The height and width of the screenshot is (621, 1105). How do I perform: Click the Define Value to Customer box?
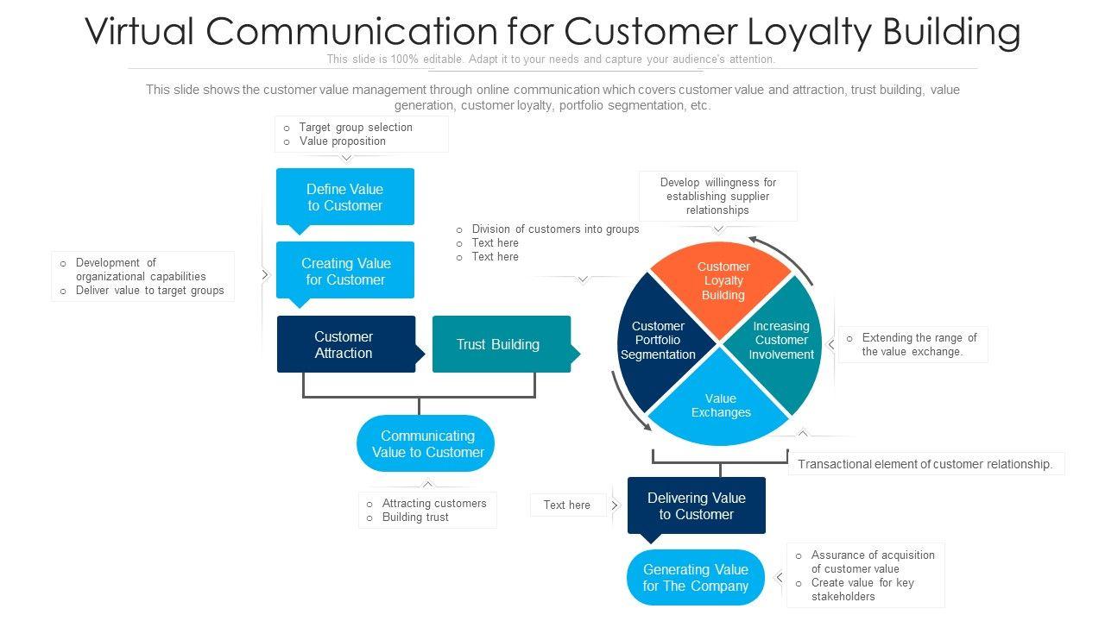coord(344,198)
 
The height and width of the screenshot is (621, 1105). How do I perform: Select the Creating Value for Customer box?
coord(344,271)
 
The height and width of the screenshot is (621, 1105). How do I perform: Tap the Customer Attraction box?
coord(346,344)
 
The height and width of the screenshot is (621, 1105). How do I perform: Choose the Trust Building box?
coord(502,344)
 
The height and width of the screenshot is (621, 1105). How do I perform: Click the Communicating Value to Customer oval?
coord(426,443)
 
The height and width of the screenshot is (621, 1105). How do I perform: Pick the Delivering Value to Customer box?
coord(696,506)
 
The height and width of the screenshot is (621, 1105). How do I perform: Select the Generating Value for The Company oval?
coord(696,577)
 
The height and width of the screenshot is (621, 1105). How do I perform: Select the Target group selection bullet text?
coord(356,127)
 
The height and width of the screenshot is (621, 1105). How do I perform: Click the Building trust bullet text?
coord(415,517)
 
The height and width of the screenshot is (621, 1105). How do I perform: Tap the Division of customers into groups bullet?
coord(555,229)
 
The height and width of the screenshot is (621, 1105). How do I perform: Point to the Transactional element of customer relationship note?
coord(925,464)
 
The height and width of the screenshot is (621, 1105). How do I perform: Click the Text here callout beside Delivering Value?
coord(567,505)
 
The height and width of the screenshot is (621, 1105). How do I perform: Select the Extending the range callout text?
coord(919,344)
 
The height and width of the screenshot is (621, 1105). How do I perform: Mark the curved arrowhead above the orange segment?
coord(754,240)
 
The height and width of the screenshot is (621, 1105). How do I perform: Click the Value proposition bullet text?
coord(343,141)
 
